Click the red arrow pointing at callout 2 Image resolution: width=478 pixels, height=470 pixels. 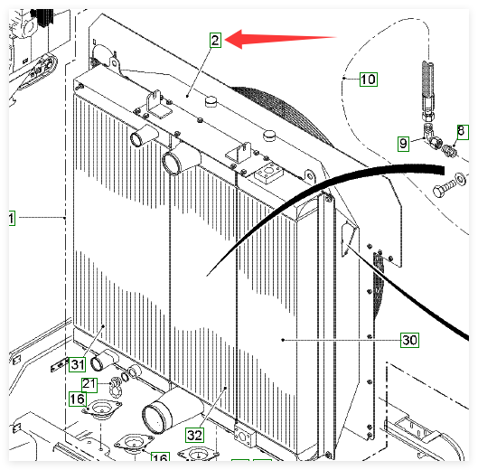[x=280, y=39]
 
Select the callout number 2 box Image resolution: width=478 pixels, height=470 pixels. [x=215, y=41]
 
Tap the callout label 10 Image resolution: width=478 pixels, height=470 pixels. [x=369, y=80]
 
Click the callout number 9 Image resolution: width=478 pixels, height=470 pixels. [x=403, y=144]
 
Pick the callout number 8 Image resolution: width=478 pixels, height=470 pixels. [x=463, y=132]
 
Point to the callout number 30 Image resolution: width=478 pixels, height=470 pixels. [x=409, y=340]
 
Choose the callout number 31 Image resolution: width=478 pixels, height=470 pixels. [x=78, y=364]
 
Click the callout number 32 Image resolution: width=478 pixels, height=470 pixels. [x=194, y=435]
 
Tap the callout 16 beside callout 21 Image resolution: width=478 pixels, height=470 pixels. [x=78, y=399]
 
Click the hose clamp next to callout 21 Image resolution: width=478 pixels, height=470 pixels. [x=116, y=387]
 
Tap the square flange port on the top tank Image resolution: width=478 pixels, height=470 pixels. [x=268, y=173]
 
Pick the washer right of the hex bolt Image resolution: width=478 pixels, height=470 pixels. [x=460, y=178]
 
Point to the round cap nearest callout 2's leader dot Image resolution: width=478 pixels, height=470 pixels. [x=211, y=100]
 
